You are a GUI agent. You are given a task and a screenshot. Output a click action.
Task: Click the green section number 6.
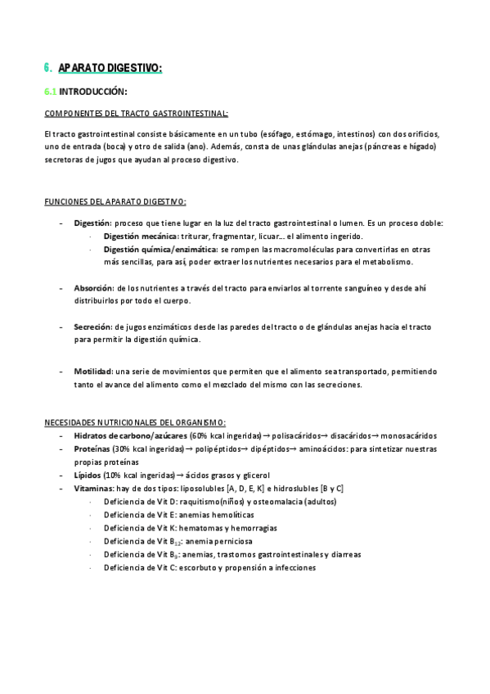pyautogui.click(x=47, y=69)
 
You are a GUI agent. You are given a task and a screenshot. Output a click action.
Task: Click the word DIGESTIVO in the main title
pyautogui.click(x=133, y=69)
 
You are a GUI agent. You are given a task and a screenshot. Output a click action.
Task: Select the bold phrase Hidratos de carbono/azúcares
pyautogui.click(x=130, y=436)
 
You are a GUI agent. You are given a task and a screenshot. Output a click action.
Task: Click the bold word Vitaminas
pyautogui.click(x=94, y=489)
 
